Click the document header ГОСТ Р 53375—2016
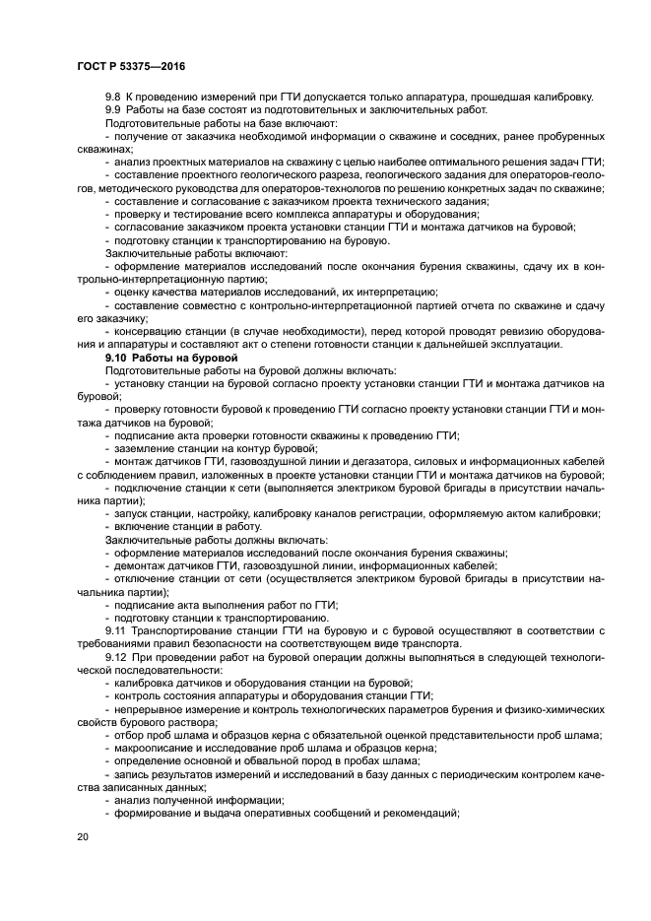pyautogui.click(x=130, y=65)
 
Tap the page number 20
pyautogui.click(x=82, y=836)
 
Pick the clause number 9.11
pyautogui.click(x=118, y=630)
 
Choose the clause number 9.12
pyautogui.click(x=118, y=656)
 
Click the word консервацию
pyautogui.click(x=151, y=331)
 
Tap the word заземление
pyautogui.click(x=148, y=447)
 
